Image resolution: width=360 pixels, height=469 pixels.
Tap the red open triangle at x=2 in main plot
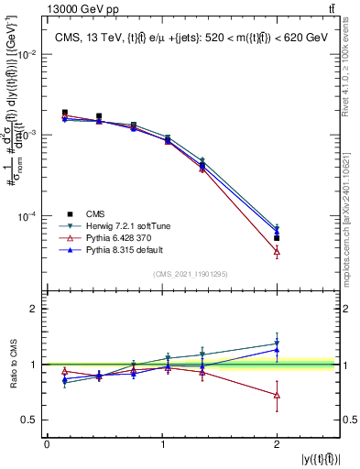pyautogui.click(x=277, y=251)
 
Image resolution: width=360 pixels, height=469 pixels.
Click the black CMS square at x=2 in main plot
pyautogui.click(x=277, y=238)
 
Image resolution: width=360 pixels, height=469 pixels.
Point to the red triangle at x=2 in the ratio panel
pyautogui.click(x=277, y=395)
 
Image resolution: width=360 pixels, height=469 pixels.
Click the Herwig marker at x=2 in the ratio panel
pyautogui.click(x=277, y=344)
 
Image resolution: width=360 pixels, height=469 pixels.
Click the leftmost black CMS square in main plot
pyautogui.click(x=64, y=113)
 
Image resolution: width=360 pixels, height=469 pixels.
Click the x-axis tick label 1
pyautogui.click(x=161, y=444)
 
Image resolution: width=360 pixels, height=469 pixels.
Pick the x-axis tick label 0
pyautogui.click(x=47, y=444)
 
